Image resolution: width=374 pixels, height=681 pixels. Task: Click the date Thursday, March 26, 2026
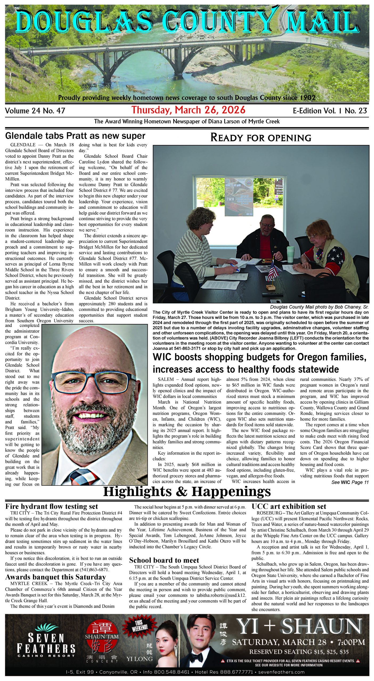[x=188, y=110]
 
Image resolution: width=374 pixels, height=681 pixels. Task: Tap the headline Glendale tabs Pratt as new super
[x=75, y=136]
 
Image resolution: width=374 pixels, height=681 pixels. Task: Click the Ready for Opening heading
[x=261, y=138]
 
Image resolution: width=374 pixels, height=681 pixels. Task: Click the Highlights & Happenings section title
[x=187, y=492]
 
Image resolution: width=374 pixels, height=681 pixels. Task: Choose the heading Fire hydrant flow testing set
[x=52, y=506]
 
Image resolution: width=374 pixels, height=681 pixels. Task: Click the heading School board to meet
[x=164, y=560]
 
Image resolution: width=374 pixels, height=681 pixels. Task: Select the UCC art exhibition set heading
[x=289, y=506]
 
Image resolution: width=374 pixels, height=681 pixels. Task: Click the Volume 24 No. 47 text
[x=35, y=111]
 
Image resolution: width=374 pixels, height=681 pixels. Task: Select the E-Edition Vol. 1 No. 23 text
[x=330, y=111]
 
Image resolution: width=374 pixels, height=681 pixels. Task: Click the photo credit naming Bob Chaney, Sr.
[x=319, y=307]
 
